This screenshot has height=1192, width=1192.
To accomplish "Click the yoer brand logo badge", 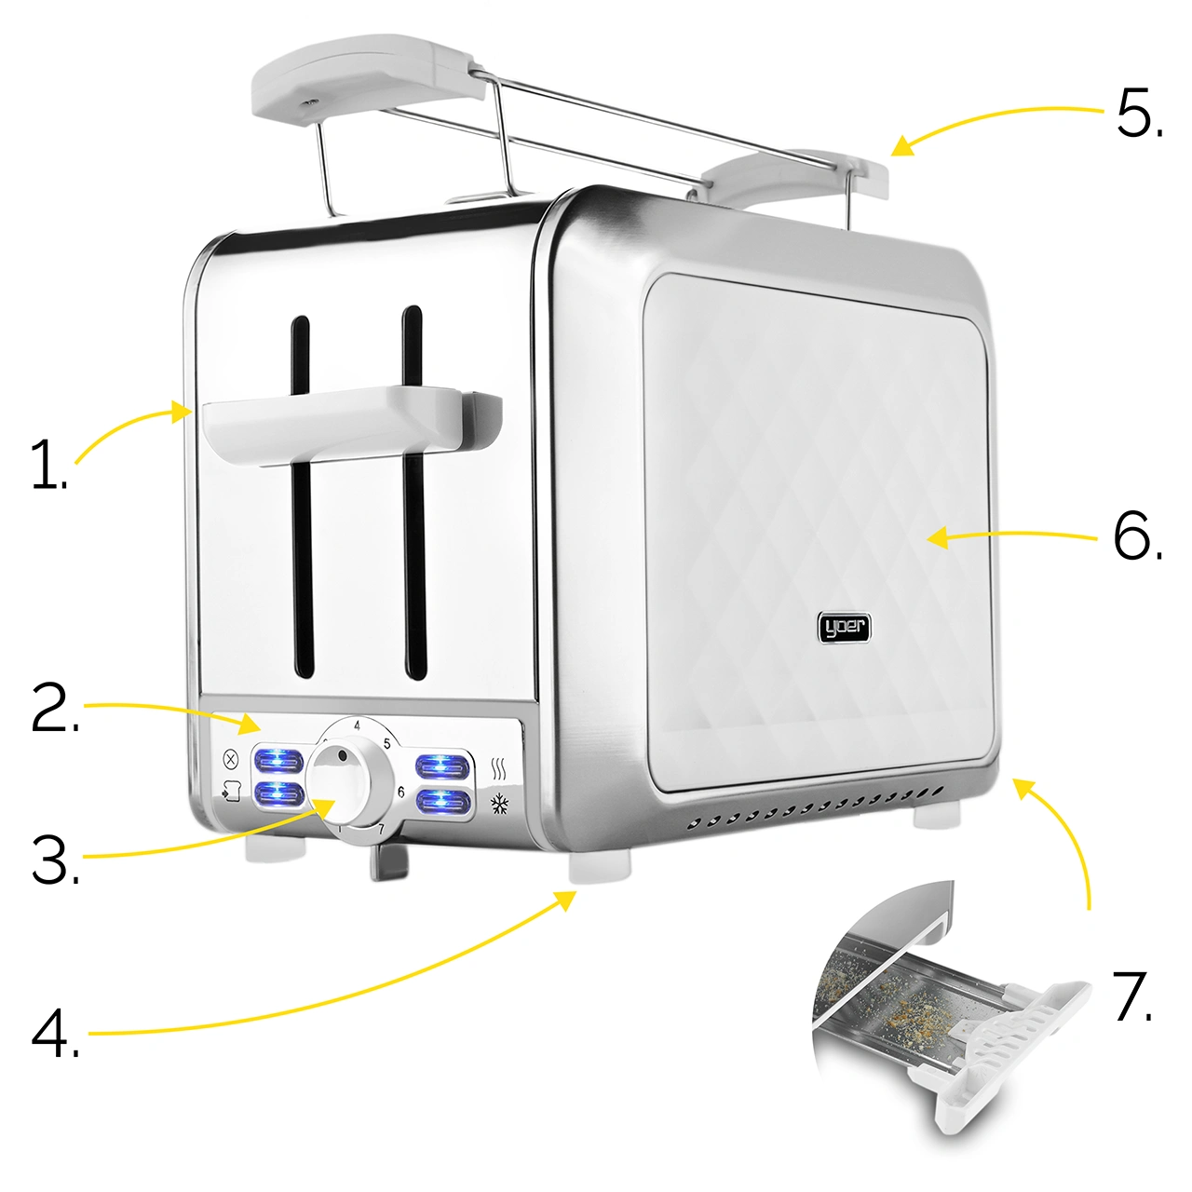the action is (845, 628).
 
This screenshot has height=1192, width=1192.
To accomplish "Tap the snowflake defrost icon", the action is (498, 805).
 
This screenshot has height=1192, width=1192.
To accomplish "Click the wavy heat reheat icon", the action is (498, 768).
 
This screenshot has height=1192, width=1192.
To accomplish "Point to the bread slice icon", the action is (231, 792).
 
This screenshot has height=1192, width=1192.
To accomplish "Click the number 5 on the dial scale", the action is (386, 743).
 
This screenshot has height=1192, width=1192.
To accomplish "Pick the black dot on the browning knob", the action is (342, 756).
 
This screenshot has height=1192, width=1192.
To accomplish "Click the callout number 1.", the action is (48, 464).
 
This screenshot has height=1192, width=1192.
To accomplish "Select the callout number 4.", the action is (55, 1035).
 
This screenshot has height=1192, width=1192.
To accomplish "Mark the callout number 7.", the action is (1132, 996).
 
